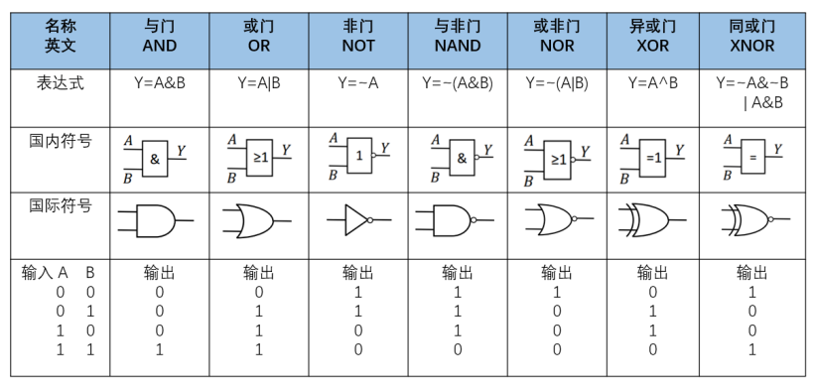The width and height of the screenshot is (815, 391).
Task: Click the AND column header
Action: coord(159,36)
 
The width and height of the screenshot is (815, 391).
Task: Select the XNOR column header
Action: coord(750,36)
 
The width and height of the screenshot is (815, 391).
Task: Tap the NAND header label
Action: coord(457,36)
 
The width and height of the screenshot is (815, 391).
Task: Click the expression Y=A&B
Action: coord(159,83)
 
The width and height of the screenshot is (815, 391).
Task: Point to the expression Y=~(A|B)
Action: coord(556,83)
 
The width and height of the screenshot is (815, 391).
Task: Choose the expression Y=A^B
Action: coord(652,83)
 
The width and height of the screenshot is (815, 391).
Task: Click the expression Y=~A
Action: coord(357,83)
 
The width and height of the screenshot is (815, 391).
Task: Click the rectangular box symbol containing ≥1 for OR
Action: coord(260,156)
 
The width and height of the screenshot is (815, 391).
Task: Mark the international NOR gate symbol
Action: coord(552,219)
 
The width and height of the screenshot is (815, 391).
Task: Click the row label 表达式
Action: coord(59,83)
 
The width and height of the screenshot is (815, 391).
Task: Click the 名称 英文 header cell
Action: coord(59,36)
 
